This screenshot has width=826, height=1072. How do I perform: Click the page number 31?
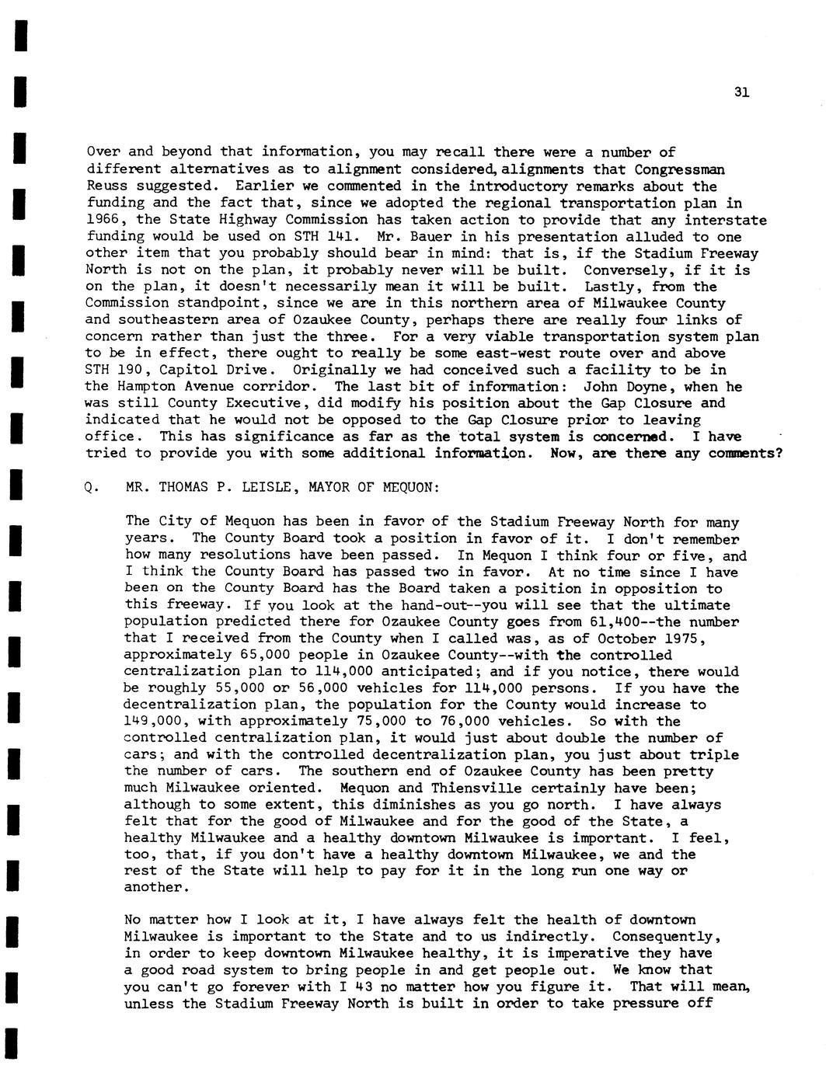741,92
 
